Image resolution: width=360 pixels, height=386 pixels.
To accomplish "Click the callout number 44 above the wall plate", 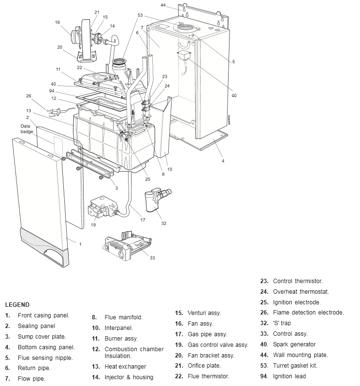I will click(163, 5).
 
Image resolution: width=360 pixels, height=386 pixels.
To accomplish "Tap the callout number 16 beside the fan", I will click(58, 22).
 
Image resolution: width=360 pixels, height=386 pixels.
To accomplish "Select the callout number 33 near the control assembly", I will click(152, 257).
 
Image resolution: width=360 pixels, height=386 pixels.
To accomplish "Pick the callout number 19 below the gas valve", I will click(93, 225).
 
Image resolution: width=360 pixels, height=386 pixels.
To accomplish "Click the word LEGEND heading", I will click(17, 305).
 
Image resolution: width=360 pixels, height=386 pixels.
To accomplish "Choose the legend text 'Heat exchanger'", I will click(125, 367).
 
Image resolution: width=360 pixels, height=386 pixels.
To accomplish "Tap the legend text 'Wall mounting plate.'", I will click(300, 355).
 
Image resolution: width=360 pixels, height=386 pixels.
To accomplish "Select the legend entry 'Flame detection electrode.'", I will click(308, 313).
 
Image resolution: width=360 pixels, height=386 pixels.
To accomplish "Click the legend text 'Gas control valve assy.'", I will click(218, 345).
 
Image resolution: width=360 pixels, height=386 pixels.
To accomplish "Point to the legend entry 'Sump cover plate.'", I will click(42, 337).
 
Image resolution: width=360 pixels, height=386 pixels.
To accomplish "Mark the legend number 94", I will click(264, 376).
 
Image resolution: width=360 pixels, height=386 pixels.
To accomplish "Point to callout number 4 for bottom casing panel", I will click(223, 161).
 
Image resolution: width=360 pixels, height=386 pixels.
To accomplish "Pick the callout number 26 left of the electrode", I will click(29, 96).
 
